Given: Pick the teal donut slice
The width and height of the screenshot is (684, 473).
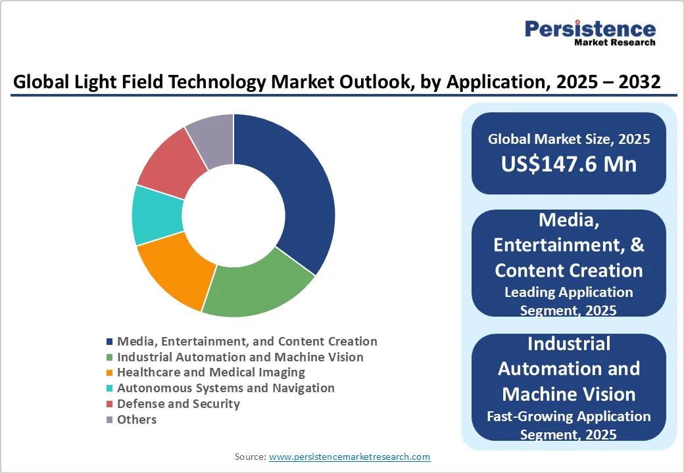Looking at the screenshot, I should [x=157, y=215].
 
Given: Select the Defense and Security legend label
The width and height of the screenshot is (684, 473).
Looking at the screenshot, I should [x=178, y=403].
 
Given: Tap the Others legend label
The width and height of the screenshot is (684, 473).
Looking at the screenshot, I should [x=137, y=419].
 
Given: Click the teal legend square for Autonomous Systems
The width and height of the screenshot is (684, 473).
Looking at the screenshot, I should [x=110, y=389].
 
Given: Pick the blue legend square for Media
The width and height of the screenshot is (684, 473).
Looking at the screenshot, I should [x=110, y=342].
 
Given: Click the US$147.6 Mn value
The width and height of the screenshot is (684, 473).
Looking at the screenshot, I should [x=569, y=163].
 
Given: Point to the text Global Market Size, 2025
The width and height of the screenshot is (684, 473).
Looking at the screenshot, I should [x=569, y=139].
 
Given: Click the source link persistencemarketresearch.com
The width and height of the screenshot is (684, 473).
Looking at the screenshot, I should [x=349, y=457].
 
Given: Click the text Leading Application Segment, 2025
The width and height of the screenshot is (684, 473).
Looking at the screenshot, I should [x=569, y=301].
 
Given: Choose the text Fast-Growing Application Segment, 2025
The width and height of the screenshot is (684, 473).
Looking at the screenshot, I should [x=569, y=425].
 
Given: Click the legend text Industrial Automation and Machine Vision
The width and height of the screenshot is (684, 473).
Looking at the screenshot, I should [x=240, y=357].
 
